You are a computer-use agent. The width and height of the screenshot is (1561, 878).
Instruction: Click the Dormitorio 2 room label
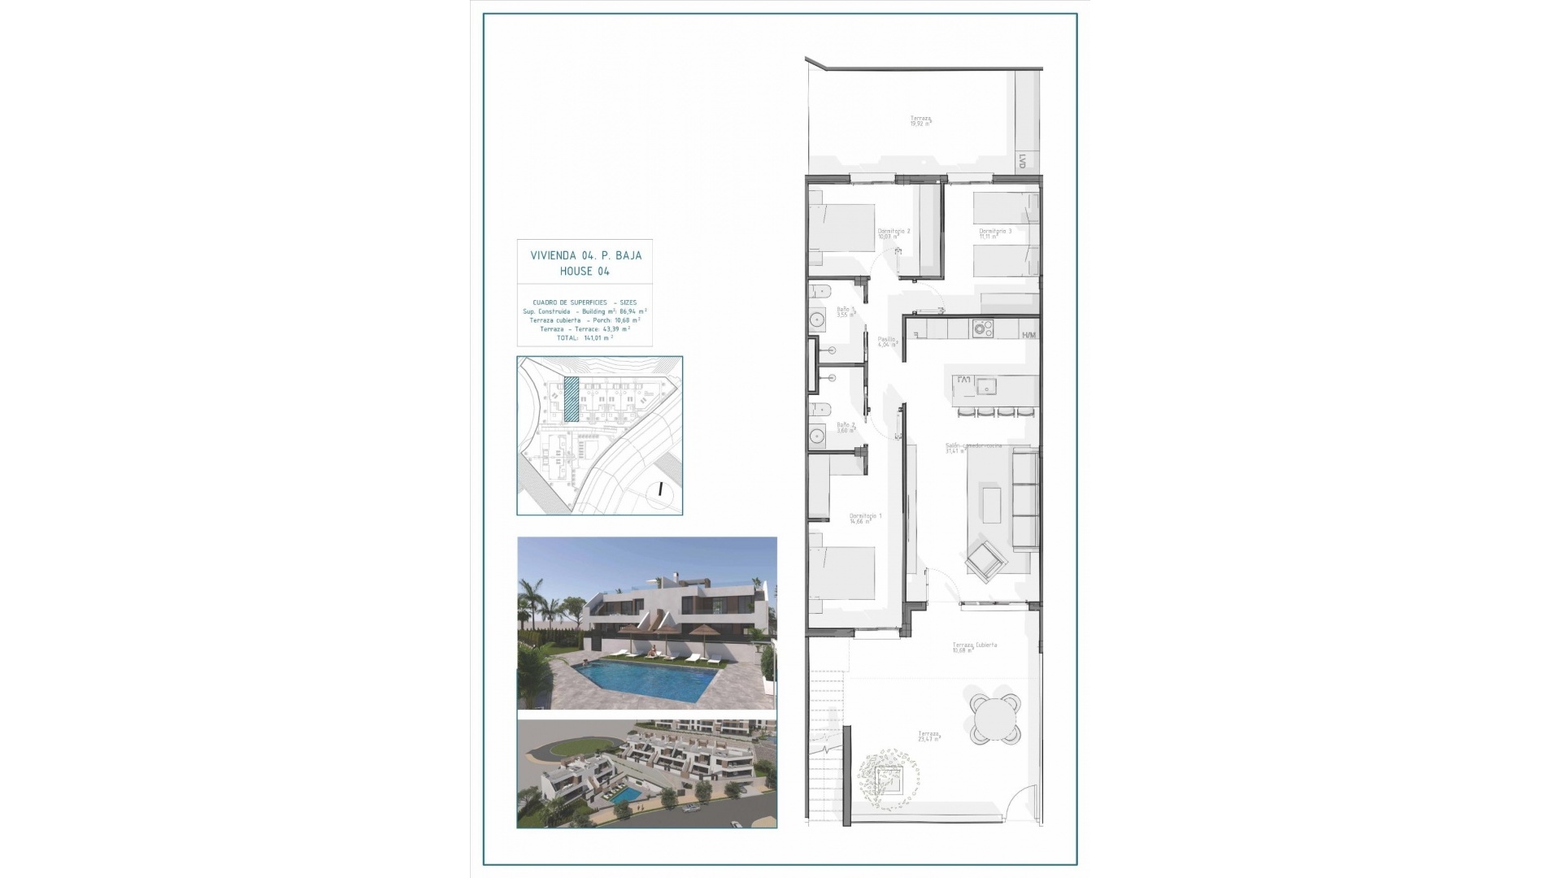[x=894, y=232]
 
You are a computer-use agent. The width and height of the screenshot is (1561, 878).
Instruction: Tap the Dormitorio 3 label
[x=995, y=232]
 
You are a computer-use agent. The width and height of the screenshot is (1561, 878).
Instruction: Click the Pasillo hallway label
[x=887, y=341]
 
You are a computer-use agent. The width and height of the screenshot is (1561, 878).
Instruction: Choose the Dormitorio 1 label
[x=865, y=517]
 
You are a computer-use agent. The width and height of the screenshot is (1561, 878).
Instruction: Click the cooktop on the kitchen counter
[x=983, y=328]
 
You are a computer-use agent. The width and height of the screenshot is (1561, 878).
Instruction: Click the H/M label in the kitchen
[x=1029, y=335]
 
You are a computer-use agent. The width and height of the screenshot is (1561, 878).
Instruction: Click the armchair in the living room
[x=985, y=560]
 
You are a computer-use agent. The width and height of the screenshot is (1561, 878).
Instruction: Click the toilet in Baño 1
[x=819, y=290]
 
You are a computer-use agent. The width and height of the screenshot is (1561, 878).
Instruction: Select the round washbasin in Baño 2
[x=817, y=437]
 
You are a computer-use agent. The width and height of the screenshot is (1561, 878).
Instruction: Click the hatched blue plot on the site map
[x=572, y=398]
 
